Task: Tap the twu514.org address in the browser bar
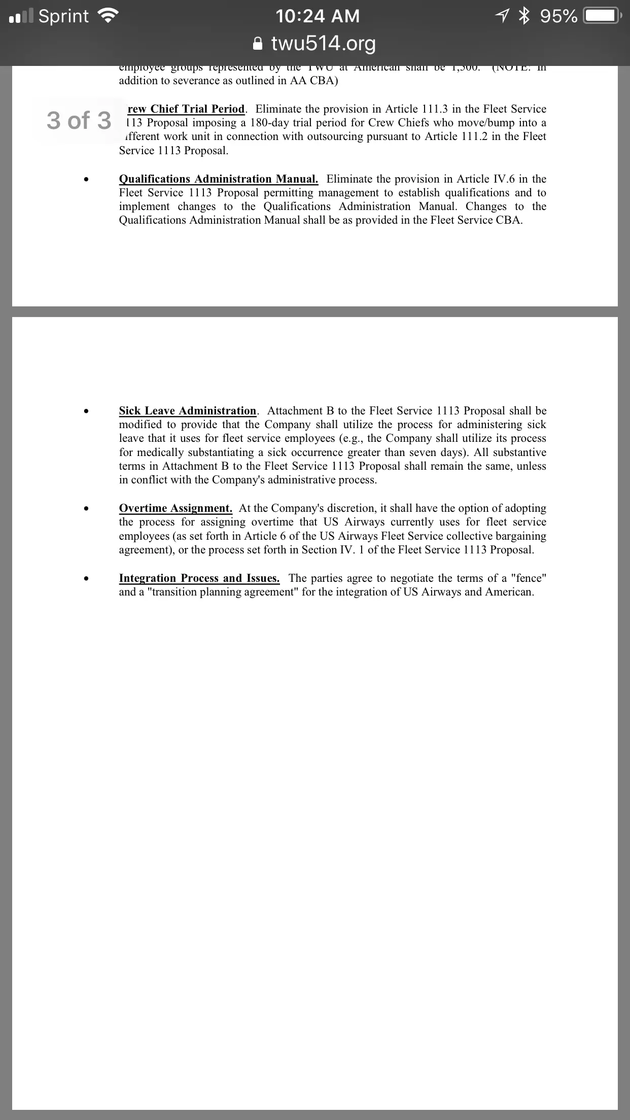point(323,44)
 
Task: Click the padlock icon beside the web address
point(258,44)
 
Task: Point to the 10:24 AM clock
point(318,16)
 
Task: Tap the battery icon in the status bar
point(601,16)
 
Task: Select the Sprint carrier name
point(63,16)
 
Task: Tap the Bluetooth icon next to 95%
point(523,16)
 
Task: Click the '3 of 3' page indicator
point(79,121)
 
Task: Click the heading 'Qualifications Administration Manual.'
point(219,179)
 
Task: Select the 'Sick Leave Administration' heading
point(188,411)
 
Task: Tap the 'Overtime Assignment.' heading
point(176,508)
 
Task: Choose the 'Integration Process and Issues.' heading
point(199,578)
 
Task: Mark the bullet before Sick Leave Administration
point(88,411)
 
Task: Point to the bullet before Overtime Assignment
point(88,509)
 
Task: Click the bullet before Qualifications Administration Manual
point(88,180)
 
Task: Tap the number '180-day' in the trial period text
point(270,123)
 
